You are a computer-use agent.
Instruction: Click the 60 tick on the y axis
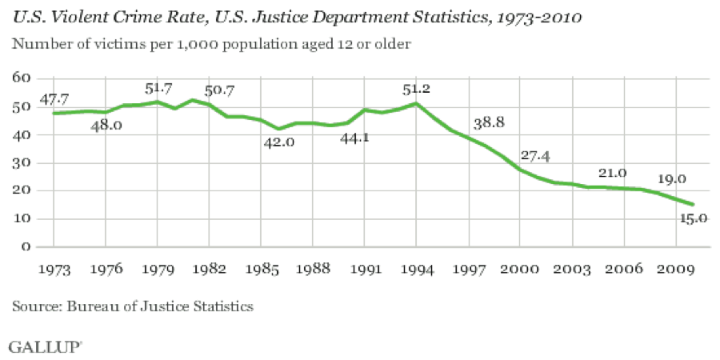(21, 78)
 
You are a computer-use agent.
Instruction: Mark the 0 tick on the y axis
(26, 246)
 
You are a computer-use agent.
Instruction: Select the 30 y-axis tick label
(21, 162)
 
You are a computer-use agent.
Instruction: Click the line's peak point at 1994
(416, 103)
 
